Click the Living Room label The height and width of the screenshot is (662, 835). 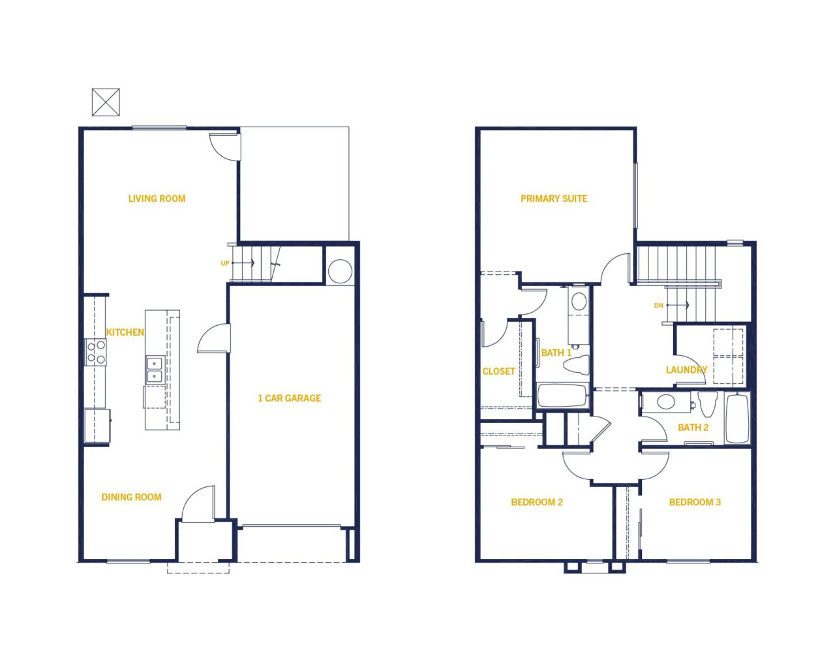point(157,198)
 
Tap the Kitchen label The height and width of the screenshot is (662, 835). point(125,332)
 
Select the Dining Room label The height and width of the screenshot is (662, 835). point(131,497)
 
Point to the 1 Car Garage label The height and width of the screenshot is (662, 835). point(290,398)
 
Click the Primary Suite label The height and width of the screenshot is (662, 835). point(554,198)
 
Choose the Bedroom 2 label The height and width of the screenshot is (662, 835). point(537,502)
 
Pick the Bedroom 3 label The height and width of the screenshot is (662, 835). point(695,502)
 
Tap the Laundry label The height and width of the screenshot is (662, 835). point(686,370)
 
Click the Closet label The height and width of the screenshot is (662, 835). point(498,371)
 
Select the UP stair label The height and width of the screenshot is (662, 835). point(225,263)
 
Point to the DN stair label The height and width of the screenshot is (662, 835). point(658,306)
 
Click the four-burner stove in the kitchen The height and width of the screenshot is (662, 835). point(95,352)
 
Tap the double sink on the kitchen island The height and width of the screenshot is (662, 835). point(155,370)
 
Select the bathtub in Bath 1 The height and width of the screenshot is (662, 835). point(562,396)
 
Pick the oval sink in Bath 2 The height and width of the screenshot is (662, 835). point(666,402)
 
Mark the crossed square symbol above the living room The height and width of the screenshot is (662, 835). point(106,102)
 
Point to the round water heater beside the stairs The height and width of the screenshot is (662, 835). point(341,271)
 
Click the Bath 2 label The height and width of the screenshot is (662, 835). point(693,428)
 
